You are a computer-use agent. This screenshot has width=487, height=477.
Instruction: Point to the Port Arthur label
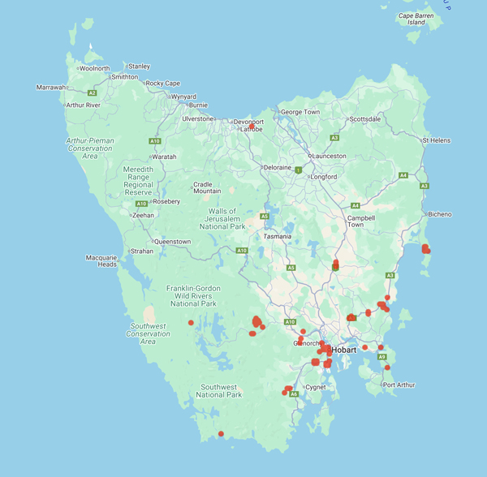coord(400,385)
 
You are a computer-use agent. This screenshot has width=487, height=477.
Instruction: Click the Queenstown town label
coord(172,242)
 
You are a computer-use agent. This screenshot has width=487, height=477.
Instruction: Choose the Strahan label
coord(141,251)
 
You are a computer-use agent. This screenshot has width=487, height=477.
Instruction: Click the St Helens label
coord(436,140)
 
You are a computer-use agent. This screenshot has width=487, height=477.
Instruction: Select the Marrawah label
coord(51,88)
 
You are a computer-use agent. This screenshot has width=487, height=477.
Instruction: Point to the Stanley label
coord(140,67)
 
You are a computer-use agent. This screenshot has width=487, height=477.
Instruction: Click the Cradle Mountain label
coord(206,187)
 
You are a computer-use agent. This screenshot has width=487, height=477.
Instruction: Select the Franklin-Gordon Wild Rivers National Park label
coord(192,296)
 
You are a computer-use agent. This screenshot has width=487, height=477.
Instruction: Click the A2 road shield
coord(93,93)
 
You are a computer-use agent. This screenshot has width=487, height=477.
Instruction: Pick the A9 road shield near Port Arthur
coord(381,357)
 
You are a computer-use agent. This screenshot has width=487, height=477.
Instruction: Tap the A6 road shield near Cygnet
coord(294,394)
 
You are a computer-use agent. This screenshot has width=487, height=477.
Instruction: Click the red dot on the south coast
coord(221,434)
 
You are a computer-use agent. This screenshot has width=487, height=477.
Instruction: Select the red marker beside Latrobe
coord(252,127)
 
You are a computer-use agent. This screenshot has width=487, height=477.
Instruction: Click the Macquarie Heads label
coord(101,260)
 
